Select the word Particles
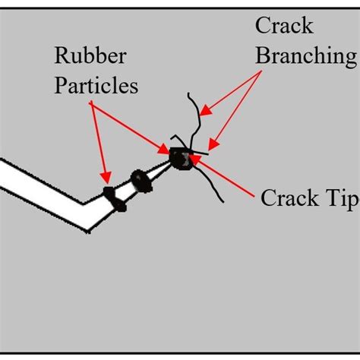[96, 85]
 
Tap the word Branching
[305, 56]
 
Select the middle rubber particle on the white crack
[141, 181]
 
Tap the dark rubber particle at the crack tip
[181, 158]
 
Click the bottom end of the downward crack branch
[222, 202]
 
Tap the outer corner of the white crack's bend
[90, 230]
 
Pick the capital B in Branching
[262, 56]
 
